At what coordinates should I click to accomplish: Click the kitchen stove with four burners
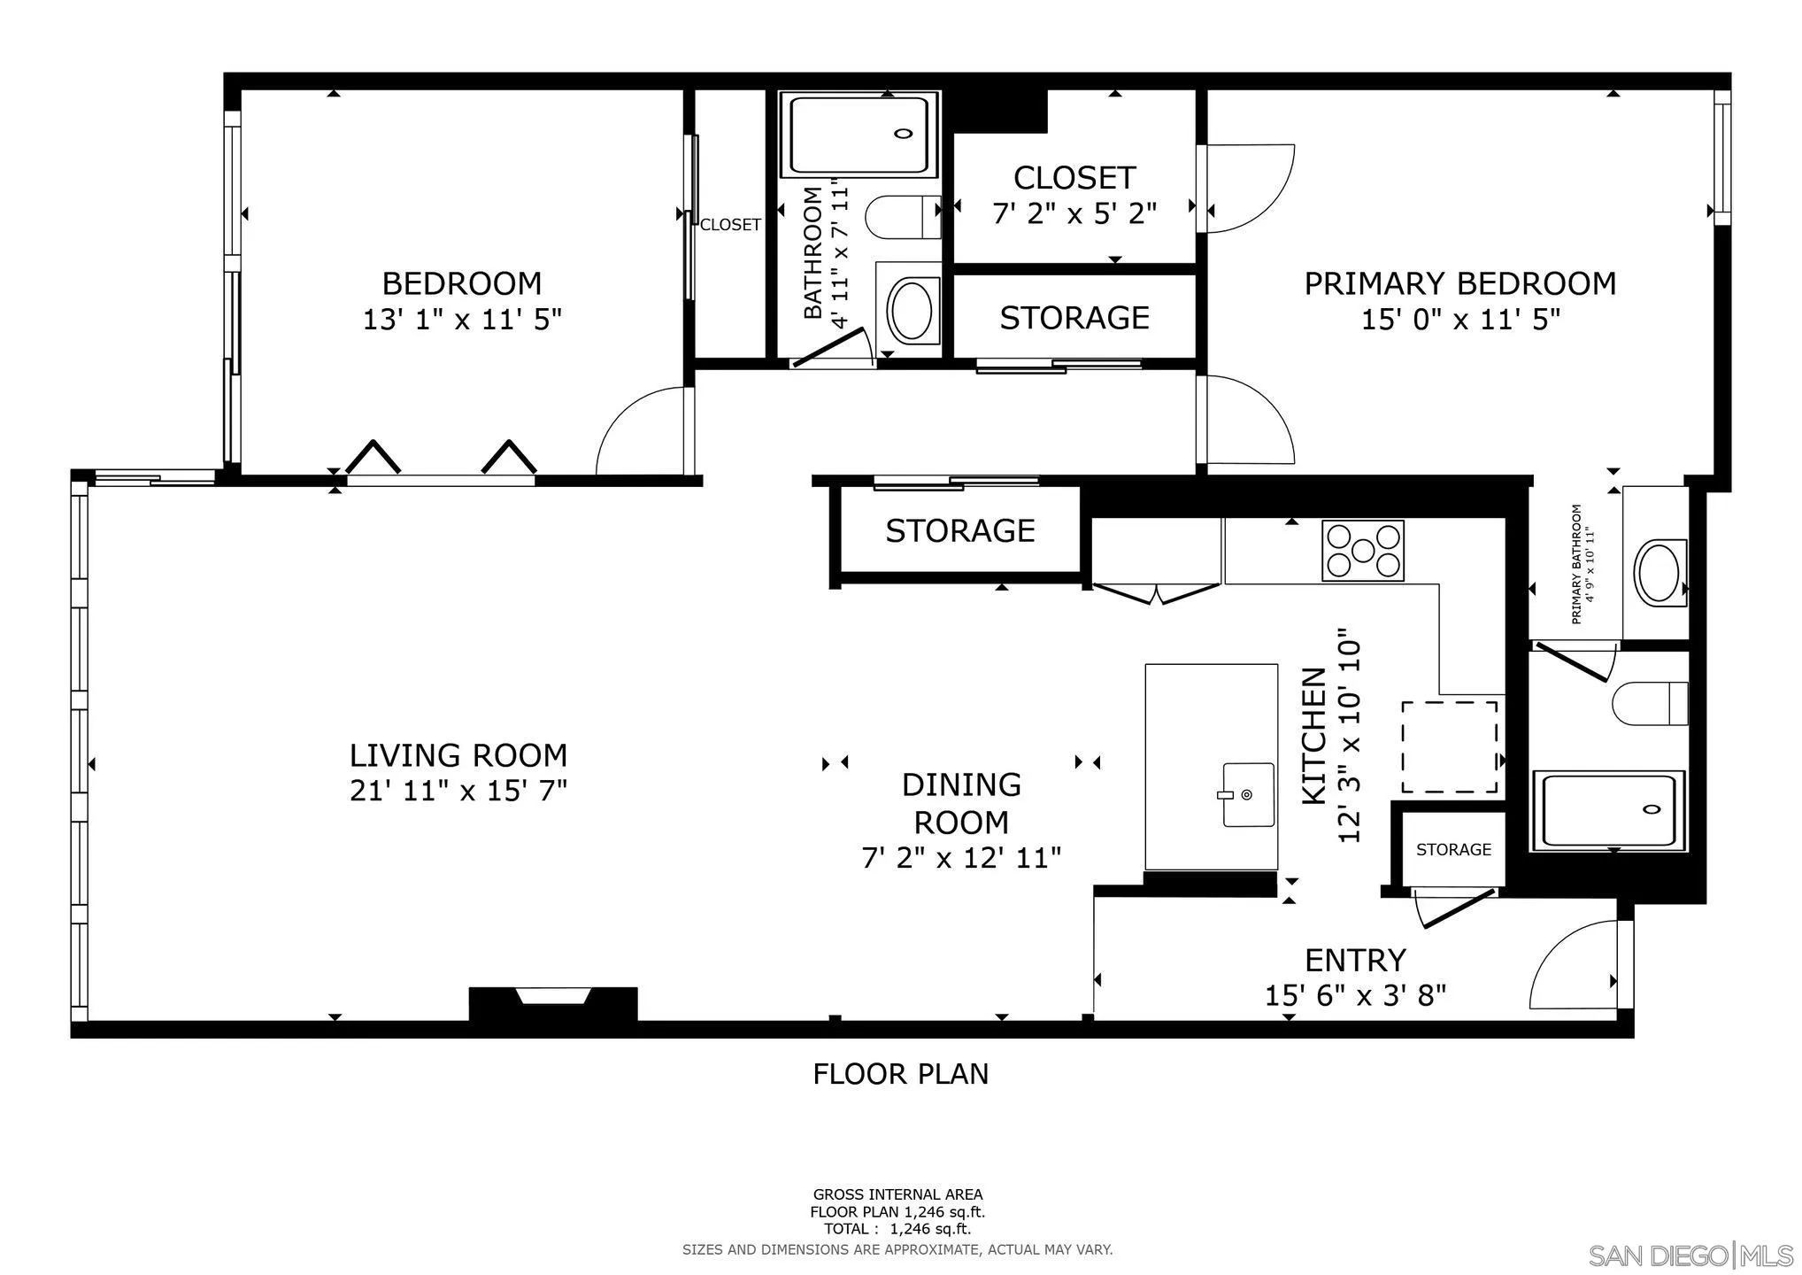(x=1362, y=550)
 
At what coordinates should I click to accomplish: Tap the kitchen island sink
(x=1248, y=794)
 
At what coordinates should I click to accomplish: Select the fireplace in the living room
(x=553, y=1003)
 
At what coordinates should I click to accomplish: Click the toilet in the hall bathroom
(x=903, y=217)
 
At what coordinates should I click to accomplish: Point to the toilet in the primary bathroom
(x=1650, y=704)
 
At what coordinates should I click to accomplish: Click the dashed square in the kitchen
(x=1450, y=747)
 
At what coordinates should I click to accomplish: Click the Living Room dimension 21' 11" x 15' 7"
(x=458, y=790)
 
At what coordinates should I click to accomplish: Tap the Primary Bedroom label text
(x=1460, y=283)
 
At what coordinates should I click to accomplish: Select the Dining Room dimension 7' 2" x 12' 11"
(x=961, y=857)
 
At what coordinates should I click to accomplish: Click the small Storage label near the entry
(x=1453, y=849)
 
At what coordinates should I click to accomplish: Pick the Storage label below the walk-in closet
(x=1074, y=317)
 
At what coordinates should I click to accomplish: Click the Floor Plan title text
(x=901, y=1073)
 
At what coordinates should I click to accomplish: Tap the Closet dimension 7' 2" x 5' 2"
(x=1074, y=212)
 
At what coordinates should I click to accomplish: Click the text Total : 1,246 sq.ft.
(x=897, y=1229)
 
